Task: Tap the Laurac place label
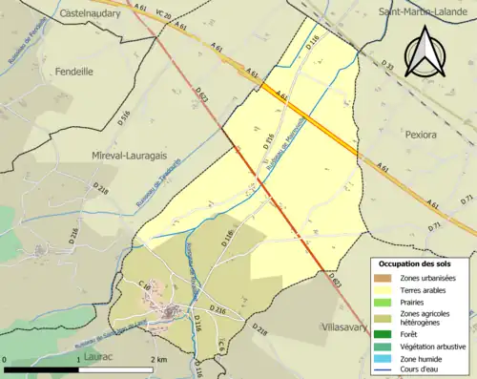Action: (98, 356)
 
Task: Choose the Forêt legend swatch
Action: (384, 333)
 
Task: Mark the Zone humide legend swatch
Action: (384, 358)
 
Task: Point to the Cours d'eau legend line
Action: (384, 370)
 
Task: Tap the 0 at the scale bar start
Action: (6, 358)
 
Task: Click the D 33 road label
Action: (387, 65)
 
